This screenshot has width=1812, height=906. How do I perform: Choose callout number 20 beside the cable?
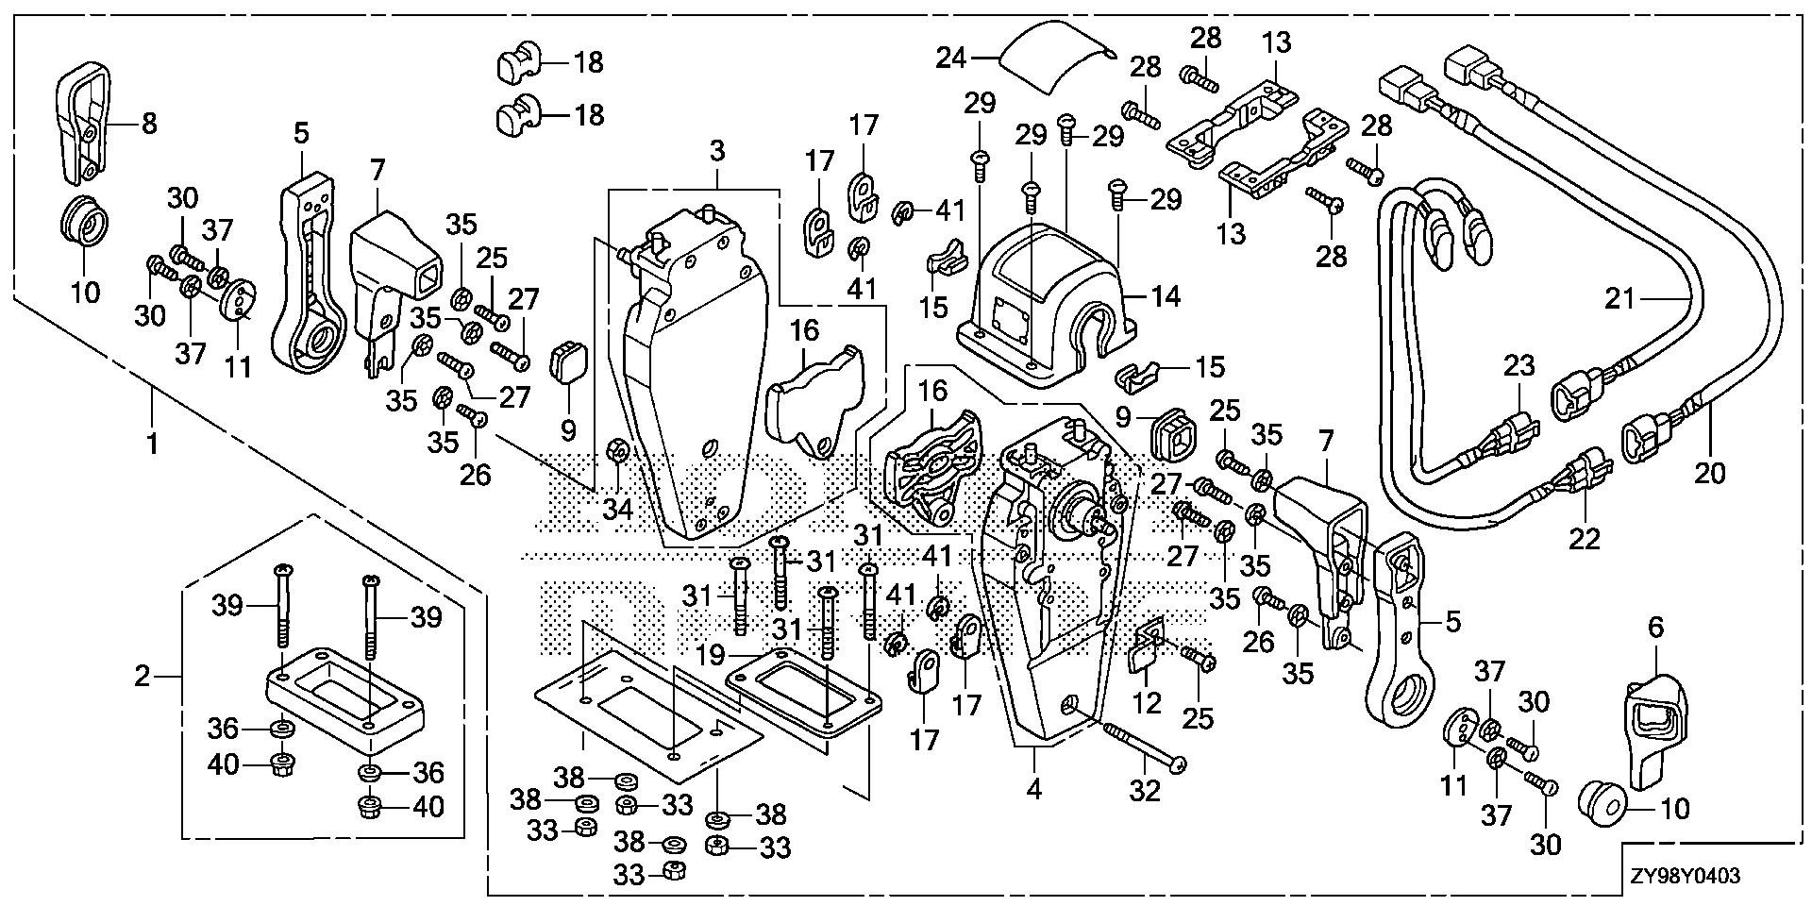click(x=1709, y=472)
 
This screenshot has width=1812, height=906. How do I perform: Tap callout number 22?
click(x=1585, y=538)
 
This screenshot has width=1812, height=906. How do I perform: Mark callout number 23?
click(x=1519, y=365)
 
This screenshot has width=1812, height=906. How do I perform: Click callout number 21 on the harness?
click(x=1619, y=300)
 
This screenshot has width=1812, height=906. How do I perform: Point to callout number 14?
click(x=1166, y=296)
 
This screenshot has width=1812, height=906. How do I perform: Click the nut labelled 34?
click(x=617, y=453)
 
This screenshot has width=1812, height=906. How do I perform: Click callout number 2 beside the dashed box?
click(x=142, y=676)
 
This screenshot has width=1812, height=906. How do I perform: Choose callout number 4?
click(x=1034, y=790)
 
